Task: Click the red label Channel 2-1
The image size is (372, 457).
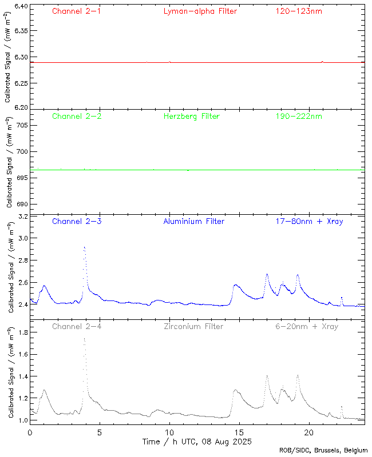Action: click(76, 11)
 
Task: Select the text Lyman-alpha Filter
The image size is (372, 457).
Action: click(200, 11)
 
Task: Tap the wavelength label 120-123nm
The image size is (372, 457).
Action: click(298, 11)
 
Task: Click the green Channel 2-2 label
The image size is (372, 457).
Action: click(76, 117)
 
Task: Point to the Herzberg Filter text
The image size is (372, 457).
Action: click(191, 117)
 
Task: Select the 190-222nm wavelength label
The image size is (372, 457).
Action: click(298, 117)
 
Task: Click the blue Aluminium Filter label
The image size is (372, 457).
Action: click(193, 222)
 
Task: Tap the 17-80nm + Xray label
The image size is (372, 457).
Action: click(309, 222)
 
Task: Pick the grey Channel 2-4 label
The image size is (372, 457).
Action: click(76, 327)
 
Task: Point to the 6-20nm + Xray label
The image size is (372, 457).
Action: click(306, 327)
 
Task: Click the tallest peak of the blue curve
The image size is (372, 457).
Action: click(84, 247)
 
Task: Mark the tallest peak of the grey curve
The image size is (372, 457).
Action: click(84, 339)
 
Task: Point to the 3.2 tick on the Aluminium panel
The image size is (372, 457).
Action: click(22, 217)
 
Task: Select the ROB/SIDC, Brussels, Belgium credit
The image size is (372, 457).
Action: click(323, 451)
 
